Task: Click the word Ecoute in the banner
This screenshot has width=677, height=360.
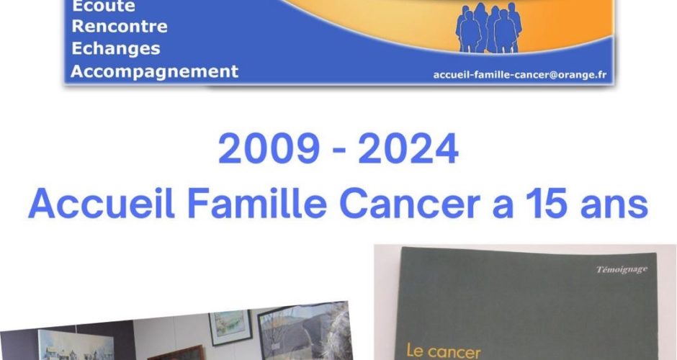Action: [x=103, y=6]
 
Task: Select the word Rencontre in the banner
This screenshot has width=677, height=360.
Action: [x=120, y=27]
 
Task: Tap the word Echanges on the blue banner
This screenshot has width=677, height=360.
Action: [x=116, y=49]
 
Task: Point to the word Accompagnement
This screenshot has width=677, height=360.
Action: [x=154, y=72]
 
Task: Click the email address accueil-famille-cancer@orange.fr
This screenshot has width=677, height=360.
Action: [x=520, y=75]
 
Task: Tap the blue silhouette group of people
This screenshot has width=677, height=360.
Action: [x=488, y=27]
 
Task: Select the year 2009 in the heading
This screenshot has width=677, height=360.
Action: [x=269, y=149]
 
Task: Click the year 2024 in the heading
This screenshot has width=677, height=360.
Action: [x=408, y=149]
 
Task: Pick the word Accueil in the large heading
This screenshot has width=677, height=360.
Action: [x=102, y=203]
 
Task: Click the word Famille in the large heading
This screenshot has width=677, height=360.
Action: [x=257, y=203]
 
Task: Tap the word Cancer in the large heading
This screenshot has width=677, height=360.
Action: [x=411, y=203]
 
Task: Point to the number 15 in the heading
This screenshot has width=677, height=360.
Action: [x=547, y=203]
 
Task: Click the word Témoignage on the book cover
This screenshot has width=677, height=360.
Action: [x=622, y=270]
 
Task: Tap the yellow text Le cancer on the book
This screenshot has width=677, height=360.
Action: [x=444, y=351]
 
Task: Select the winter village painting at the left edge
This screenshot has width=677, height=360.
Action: [x=76, y=346]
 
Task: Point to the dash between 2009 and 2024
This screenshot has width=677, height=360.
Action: [x=339, y=150]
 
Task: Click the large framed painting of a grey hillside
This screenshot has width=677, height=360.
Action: [x=302, y=331]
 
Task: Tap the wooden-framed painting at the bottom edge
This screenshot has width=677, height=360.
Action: [x=176, y=353]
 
